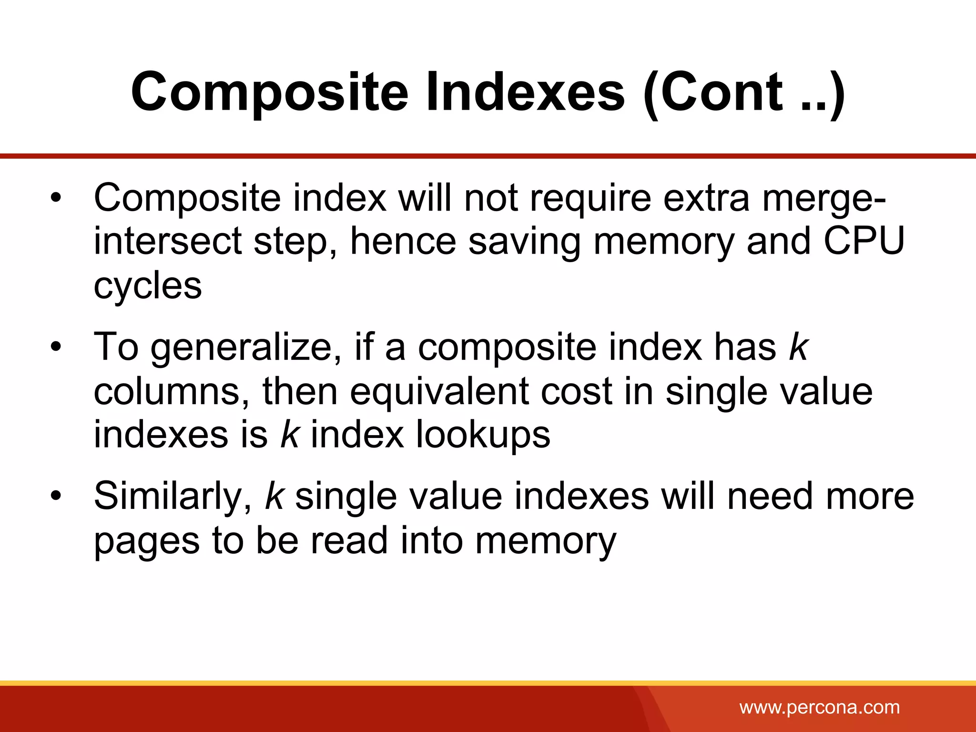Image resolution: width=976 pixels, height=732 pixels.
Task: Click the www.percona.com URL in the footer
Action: (820, 707)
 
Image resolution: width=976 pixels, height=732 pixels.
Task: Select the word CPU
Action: (864, 241)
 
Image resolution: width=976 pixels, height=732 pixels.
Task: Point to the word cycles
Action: (148, 286)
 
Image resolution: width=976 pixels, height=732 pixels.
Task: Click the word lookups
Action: (483, 435)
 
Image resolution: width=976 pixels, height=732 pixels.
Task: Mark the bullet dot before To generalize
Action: (56, 347)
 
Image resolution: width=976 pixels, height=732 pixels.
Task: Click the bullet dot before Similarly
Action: (56, 496)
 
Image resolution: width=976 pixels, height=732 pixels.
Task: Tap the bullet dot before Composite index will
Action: (56, 198)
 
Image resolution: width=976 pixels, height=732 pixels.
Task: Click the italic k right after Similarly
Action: (274, 496)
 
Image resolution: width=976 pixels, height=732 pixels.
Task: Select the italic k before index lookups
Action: (290, 435)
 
